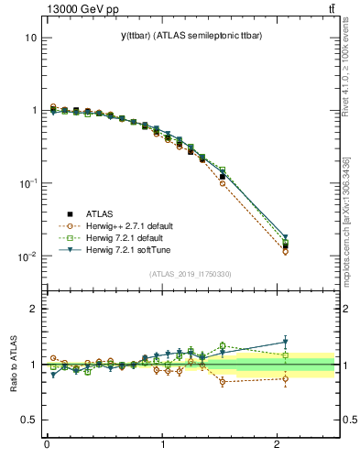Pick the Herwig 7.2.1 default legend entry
tap(108, 237)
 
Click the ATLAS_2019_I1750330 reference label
tap(191, 274)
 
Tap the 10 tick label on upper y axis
tap(30, 38)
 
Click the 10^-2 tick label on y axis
tap(27, 256)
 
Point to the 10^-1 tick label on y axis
tap(27, 184)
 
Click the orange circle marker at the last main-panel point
tap(285, 251)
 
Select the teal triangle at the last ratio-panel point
tap(285, 343)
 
